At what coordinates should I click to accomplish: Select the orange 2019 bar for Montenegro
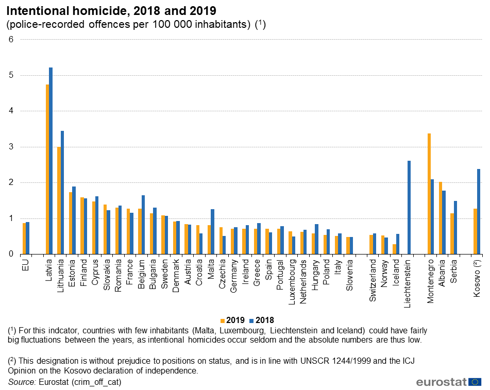click(x=429, y=194)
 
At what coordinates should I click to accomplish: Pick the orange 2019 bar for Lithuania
click(x=59, y=200)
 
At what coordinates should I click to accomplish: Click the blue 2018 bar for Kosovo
click(x=479, y=211)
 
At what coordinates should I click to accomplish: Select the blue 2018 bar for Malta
click(x=212, y=231)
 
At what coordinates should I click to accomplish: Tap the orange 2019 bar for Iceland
click(x=395, y=249)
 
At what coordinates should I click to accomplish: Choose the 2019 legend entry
click(x=232, y=320)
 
